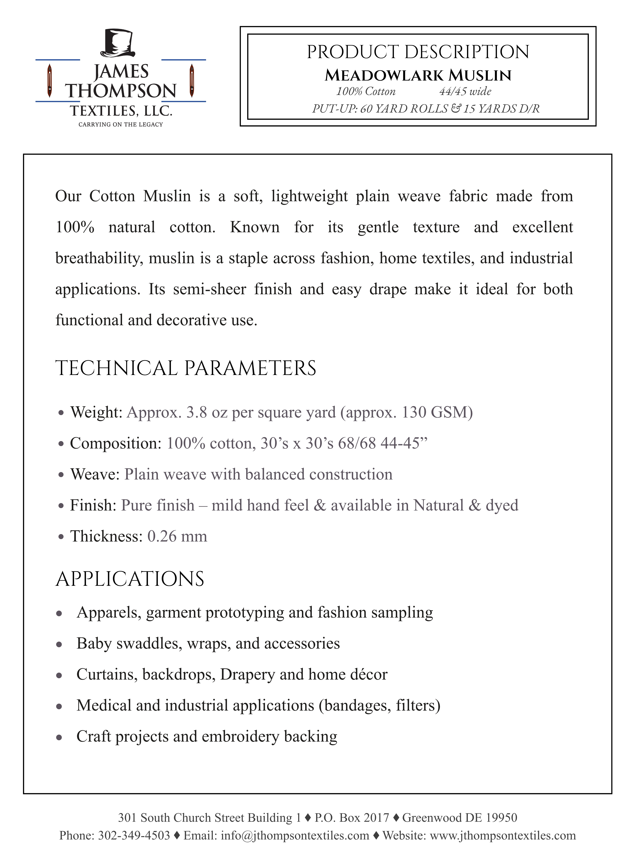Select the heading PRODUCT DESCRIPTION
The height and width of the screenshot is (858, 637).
[x=418, y=52]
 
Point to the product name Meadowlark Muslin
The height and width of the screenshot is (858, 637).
[x=418, y=76]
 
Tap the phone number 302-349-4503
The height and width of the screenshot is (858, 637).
[x=134, y=836]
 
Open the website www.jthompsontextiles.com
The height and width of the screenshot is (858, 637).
[x=503, y=836]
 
